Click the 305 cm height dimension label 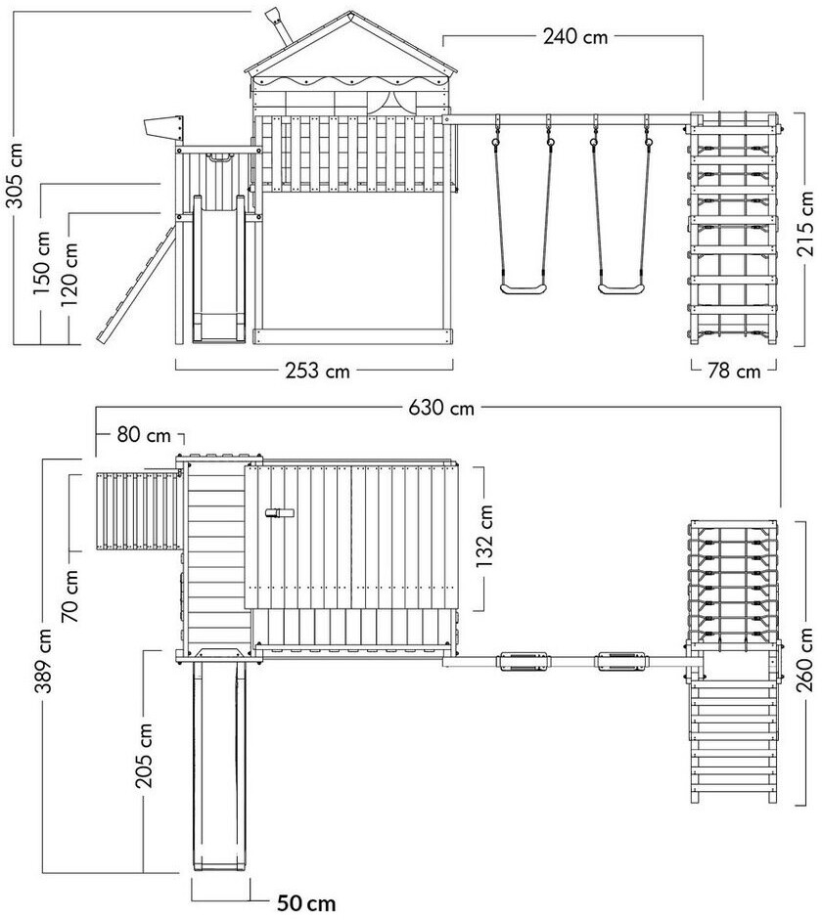pos(15,175)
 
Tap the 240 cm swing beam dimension pos(575,36)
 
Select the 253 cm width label pos(317,371)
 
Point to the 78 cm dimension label pos(734,371)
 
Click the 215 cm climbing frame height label pos(805,224)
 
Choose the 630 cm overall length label pos(441,407)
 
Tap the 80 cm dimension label pos(144,435)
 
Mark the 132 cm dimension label pos(484,537)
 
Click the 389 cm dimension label pos(45,660)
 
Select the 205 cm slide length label pos(144,755)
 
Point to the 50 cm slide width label pos(306,903)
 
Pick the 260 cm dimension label pos(805,660)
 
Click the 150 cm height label pos(42,263)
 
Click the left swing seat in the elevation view pos(524,288)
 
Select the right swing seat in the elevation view pos(621,288)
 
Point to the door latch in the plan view pos(280,513)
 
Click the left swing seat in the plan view pos(524,661)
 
